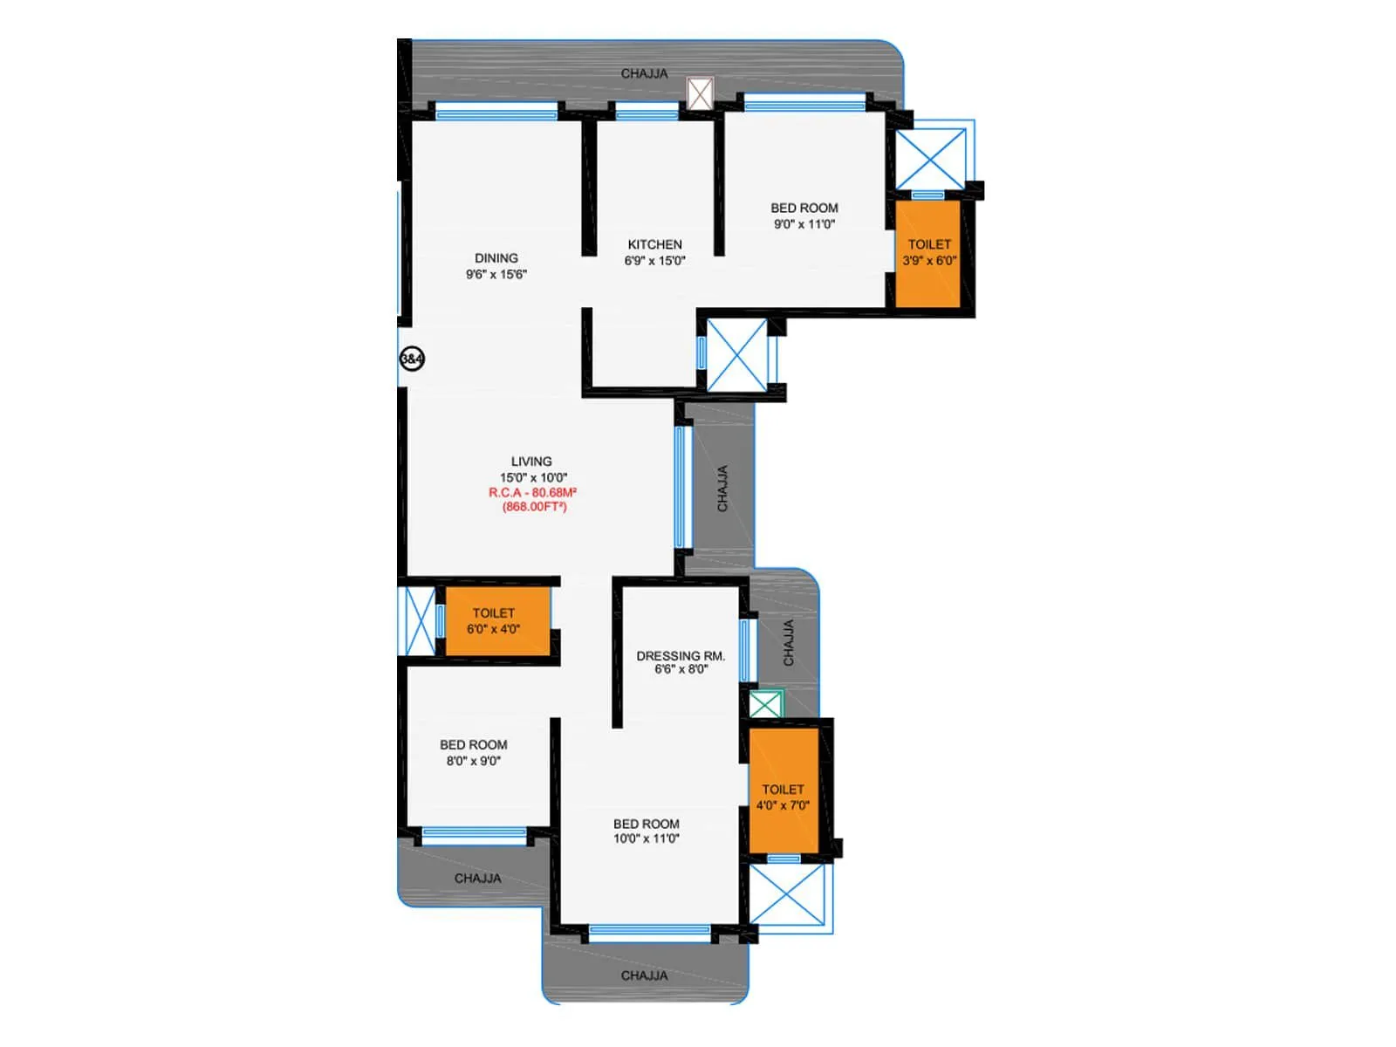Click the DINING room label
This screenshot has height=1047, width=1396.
[x=496, y=258]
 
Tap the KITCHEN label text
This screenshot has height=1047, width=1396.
[x=654, y=244]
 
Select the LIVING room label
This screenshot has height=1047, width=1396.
[x=531, y=462]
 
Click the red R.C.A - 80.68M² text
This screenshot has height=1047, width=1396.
[x=532, y=493]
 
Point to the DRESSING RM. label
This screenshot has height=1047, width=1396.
[x=681, y=655]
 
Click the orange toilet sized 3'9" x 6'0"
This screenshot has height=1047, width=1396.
[x=929, y=253]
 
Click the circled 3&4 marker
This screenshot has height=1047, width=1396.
[x=412, y=359]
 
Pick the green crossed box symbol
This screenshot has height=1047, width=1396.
[x=766, y=704]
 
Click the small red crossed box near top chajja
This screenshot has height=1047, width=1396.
[x=700, y=93]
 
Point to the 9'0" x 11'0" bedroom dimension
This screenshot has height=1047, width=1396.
[x=804, y=224]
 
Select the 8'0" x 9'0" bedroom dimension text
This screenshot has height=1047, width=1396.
[x=474, y=761]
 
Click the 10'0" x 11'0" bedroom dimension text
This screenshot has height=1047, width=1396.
[x=646, y=839]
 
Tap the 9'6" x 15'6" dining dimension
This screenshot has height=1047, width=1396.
[x=496, y=275]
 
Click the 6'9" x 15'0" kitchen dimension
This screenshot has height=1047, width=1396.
[x=654, y=261]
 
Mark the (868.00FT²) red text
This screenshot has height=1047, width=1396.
[x=534, y=507]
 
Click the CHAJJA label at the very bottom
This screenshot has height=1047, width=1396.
[x=644, y=975]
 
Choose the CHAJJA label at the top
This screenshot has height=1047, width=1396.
[x=644, y=74]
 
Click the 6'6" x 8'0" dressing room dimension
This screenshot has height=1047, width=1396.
[x=681, y=670]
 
